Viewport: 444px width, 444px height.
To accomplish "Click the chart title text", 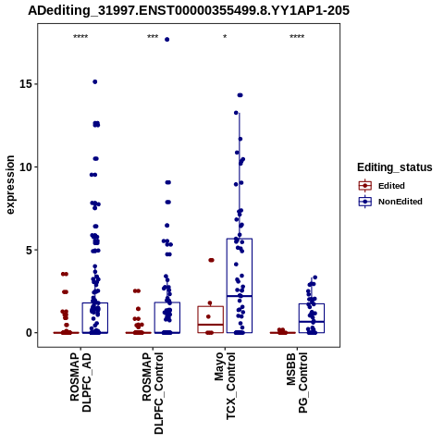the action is tap(189, 10).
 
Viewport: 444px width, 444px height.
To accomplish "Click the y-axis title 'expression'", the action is tap(10, 185).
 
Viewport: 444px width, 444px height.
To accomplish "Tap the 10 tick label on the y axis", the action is tap(27, 166).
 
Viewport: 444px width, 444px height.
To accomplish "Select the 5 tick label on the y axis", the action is tap(31, 250).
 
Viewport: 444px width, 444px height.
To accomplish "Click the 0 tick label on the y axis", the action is tap(31, 333).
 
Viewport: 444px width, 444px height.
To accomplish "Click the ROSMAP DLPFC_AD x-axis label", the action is tap(80, 382).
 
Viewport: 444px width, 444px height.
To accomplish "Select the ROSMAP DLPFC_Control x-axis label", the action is tap(153, 393).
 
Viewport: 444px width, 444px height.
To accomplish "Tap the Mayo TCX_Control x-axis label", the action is tap(225, 386).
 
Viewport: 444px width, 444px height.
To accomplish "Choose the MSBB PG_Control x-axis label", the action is tap(297, 383).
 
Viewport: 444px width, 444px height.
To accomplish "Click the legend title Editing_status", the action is tap(395, 167).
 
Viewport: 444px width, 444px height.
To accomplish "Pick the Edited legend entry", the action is tap(391, 186).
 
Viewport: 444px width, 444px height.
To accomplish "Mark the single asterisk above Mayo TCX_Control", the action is tap(225, 37).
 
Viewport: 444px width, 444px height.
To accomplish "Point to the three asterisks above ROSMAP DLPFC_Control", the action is tap(153, 37).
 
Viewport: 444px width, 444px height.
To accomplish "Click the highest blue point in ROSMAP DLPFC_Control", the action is tap(167, 40).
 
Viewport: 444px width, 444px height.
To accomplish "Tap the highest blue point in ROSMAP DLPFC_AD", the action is tap(95, 81).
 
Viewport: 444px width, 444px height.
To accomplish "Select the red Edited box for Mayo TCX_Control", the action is tap(211, 306).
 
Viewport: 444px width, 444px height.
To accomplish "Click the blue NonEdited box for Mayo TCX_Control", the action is tap(240, 239).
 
